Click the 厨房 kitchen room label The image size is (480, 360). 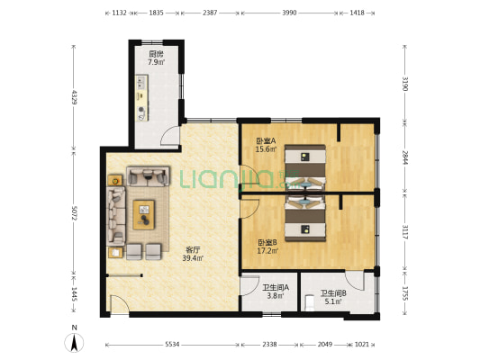(x=156, y=54)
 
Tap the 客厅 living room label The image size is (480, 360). (x=193, y=249)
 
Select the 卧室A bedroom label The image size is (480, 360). (x=266, y=141)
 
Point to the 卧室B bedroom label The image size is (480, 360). (x=267, y=243)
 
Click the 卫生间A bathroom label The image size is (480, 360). (x=276, y=288)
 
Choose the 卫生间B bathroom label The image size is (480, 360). (x=333, y=293)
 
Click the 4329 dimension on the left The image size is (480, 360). (x=74, y=97)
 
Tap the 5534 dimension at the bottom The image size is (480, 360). (x=172, y=345)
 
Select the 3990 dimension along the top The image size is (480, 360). (x=289, y=13)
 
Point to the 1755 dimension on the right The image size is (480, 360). (x=405, y=293)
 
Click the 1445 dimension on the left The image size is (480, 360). (x=74, y=294)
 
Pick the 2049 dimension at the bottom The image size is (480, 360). (x=325, y=345)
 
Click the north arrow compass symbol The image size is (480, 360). (x=74, y=342)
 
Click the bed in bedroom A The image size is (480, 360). (x=305, y=167)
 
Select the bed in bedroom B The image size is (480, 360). (x=305, y=219)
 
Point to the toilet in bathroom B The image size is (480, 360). (x=310, y=301)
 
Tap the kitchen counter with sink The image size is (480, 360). (x=141, y=98)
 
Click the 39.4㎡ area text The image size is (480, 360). (x=193, y=258)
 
